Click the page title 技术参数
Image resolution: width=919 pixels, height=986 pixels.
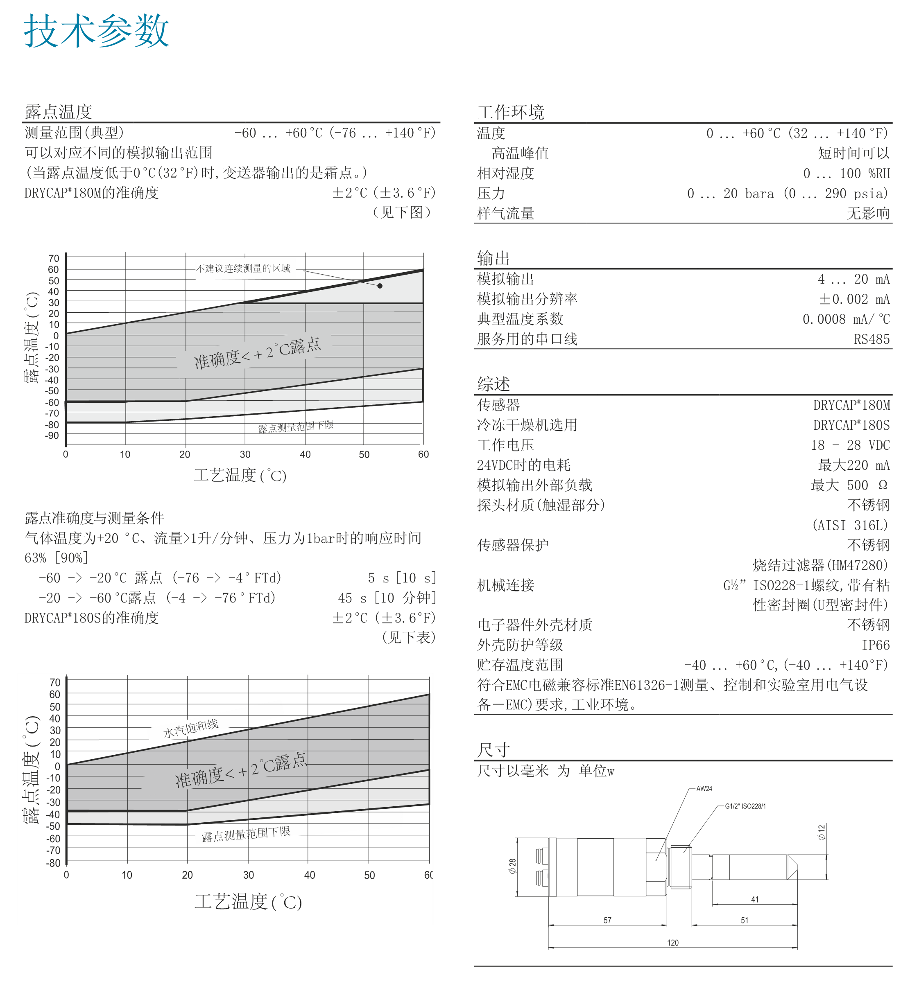[96, 31]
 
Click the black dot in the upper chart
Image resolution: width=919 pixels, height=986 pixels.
[380, 286]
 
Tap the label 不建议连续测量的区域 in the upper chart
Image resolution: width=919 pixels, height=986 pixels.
[243, 268]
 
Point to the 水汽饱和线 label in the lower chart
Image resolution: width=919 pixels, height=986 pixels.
[191, 728]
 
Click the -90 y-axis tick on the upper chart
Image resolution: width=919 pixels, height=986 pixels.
[52, 435]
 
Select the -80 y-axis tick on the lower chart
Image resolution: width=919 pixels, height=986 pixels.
[53, 863]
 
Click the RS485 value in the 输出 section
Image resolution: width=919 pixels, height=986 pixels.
[871, 339]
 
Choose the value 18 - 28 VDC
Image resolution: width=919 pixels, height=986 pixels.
[850, 445]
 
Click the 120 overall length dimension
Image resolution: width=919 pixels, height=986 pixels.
[672, 942]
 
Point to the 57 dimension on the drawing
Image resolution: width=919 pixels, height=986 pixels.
[607, 920]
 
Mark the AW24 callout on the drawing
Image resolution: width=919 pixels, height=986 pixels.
[704, 789]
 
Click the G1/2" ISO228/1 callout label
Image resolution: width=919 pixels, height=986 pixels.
[745, 806]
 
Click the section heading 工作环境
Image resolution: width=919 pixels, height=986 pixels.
[511, 112]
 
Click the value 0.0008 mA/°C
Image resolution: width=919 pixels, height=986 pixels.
[846, 319]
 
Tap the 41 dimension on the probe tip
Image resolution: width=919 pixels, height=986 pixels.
[754, 899]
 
